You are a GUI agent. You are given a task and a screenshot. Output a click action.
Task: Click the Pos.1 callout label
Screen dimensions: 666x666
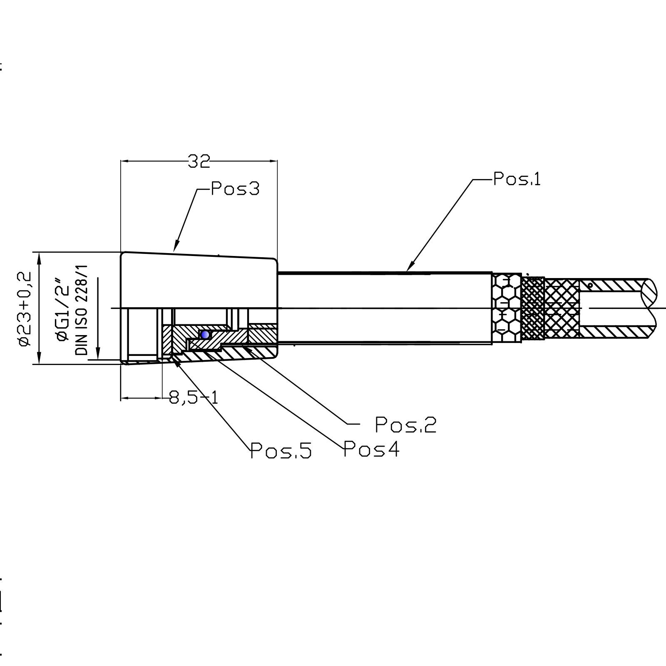(517, 179)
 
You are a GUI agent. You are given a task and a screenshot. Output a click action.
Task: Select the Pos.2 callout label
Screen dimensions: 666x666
(406, 425)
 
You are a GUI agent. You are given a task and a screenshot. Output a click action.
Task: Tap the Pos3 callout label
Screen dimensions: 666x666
(235, 189)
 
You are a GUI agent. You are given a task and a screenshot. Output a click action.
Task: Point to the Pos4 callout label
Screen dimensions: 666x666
(371, 449)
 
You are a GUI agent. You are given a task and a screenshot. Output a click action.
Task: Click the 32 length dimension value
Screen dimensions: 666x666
(199, 162)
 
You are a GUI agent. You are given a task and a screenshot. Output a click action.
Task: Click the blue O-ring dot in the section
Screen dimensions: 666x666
(204, 334)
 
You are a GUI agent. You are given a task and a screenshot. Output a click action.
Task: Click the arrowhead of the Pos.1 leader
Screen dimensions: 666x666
(408, 269)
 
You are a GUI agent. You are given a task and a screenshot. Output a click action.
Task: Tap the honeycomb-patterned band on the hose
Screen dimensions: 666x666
(506, 308)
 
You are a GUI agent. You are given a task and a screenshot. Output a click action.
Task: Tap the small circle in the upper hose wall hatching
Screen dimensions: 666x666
(590, 286)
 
